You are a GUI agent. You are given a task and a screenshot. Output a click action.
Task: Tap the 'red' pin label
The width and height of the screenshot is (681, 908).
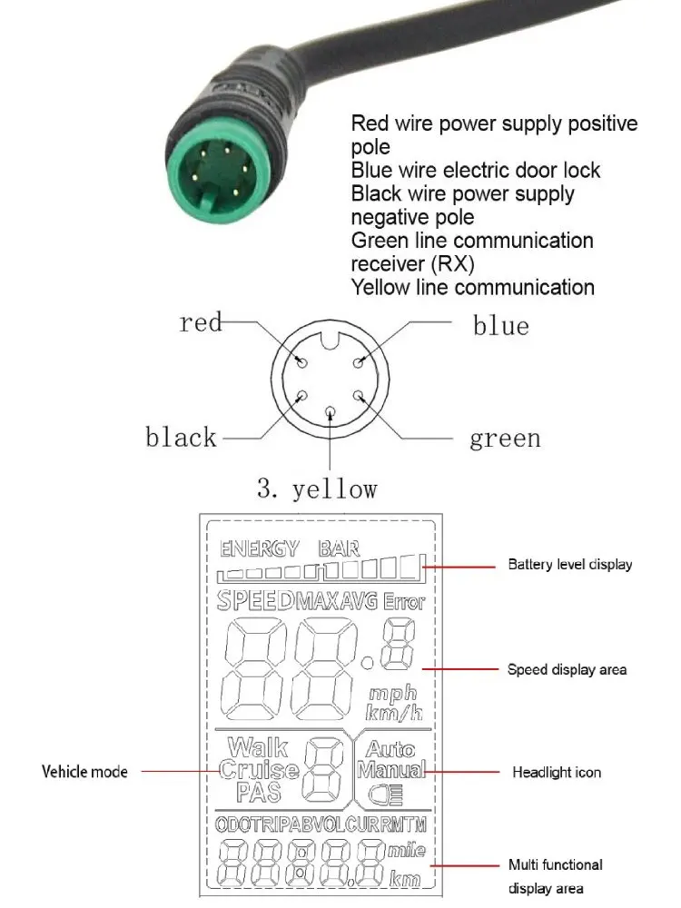coord(201,322)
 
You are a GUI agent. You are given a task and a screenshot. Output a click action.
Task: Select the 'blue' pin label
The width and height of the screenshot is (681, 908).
coord(500,325)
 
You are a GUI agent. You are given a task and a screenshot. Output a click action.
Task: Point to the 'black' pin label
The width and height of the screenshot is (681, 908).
coord(181,438)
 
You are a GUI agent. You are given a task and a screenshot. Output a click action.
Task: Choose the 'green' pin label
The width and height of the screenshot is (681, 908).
coord(505,439)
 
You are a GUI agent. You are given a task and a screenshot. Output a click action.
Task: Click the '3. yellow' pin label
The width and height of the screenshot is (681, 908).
coord(317,489)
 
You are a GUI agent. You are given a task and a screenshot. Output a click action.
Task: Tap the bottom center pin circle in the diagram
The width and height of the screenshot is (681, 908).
coord(330,413)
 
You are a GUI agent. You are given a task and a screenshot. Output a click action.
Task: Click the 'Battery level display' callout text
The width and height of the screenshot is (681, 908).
coord(569,565)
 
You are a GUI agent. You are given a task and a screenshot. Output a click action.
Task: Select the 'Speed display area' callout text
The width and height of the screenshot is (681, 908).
coord(567,670)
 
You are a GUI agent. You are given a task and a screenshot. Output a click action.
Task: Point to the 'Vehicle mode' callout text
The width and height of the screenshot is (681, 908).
coord(84,772)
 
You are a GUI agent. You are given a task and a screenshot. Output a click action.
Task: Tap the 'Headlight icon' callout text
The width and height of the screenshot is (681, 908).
coord(557,772)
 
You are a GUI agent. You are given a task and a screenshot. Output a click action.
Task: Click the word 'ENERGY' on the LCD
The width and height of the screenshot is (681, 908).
coord(259,548)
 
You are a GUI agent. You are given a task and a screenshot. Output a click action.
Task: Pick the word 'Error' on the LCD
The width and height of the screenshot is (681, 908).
coord(404,601)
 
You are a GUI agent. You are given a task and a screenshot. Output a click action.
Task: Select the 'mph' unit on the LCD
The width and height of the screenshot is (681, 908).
coord(393,695)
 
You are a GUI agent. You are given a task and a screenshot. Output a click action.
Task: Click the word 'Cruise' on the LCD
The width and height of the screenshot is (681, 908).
coord(259,770)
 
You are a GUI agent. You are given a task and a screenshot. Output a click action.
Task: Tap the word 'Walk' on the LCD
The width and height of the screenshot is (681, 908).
coord(258,748)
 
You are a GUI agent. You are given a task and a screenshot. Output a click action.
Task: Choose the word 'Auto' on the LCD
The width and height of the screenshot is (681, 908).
coord(391,749)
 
